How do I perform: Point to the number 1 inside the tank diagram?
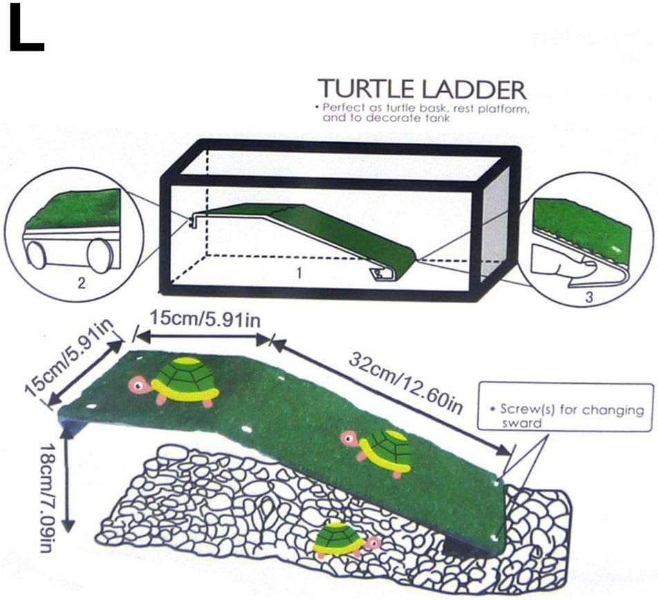(x=299, y=273)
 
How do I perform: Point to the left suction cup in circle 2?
(x=37, y=255)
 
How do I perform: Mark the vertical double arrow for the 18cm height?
(x=67, y=483)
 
